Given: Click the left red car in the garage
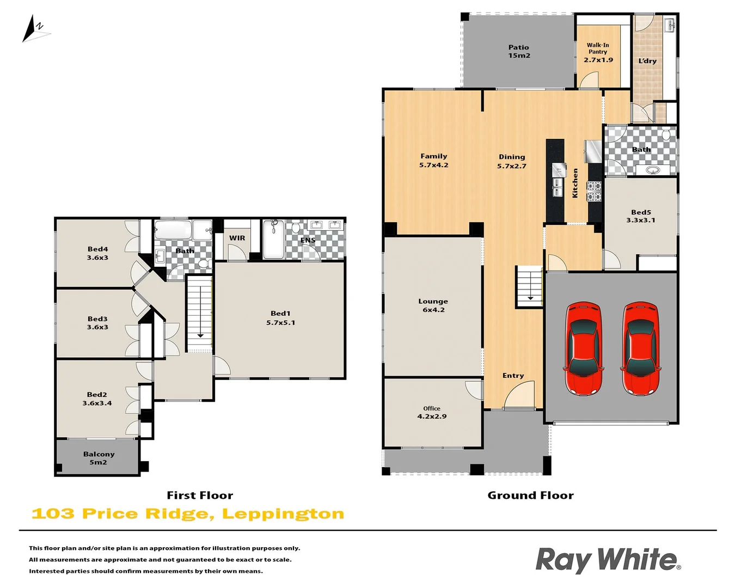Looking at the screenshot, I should tap(584, 348).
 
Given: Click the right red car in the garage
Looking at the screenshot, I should tap(640, 348).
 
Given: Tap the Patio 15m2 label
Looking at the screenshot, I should tap(519, 52).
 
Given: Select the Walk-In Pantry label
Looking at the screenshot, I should tap(598, 52).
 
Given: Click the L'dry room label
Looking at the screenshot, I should tap(647, 61).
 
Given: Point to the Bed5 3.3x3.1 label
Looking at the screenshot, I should tap(641, 216).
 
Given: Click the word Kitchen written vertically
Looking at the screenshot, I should tap(575, 183).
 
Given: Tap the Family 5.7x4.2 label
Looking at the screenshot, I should tap(433, 161).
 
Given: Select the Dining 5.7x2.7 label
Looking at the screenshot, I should tap(512, 161).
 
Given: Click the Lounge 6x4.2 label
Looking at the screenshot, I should tap(433, 305).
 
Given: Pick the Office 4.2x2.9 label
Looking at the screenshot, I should tap(432, 412).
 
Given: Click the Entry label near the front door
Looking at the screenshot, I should tap(513, 376).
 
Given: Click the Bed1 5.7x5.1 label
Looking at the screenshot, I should tap(280, 318).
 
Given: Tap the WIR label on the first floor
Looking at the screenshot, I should tap(237, 238).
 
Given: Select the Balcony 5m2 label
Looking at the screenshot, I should tap(99, 458).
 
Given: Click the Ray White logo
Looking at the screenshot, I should tap(608, 560).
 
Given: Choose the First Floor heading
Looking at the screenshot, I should tap(200, 495).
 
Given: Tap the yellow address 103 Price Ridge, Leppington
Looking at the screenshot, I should tap(188, 514).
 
